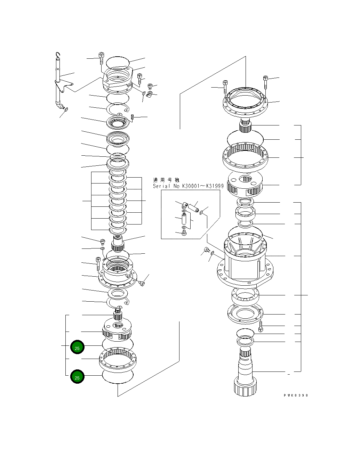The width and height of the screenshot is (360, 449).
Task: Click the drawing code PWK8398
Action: (x=296, y=395)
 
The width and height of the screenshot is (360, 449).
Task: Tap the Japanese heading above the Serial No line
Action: (x=166, y=180)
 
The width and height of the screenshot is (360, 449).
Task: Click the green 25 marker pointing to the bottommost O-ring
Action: (x=77, y=377)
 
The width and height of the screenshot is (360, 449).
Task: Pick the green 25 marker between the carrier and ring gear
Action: (x=77, y=347)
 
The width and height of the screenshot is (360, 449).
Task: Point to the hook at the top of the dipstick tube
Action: (x=58, y=55)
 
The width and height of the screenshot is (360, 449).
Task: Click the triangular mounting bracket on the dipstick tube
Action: (x=65, y=86)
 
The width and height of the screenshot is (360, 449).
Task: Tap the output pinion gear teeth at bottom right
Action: (x=246, y=387)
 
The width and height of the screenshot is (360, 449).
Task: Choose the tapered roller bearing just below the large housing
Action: (x=245, y=296)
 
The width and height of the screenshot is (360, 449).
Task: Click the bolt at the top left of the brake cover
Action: (x=101, y=57)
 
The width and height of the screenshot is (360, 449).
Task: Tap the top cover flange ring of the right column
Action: (x=245, y=103)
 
